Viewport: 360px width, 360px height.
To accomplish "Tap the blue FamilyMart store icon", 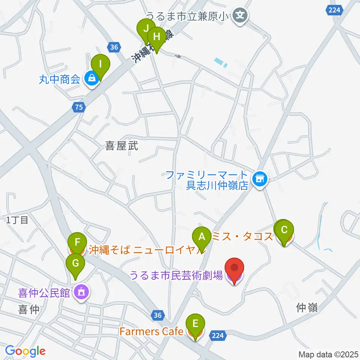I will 259,179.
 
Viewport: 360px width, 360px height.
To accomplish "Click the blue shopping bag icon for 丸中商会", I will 91,79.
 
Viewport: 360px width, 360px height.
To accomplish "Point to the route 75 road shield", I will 79,108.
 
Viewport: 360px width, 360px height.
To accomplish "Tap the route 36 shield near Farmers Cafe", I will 158,315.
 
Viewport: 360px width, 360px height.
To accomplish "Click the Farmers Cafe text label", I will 151,331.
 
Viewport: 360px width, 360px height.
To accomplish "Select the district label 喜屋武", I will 121,146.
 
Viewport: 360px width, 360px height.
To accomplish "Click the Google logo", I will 25,351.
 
